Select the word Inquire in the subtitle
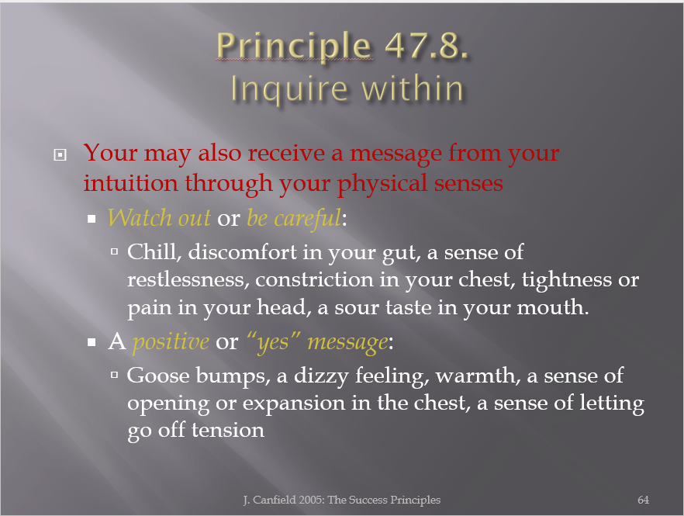point(288,89)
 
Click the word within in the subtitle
point(413,88)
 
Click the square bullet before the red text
point(60,154)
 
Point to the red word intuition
point(131,183)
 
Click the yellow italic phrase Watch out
point(159,217)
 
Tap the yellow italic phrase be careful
point(294,218)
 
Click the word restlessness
point(188,280)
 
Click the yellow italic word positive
point(171,342)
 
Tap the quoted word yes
point(273,342)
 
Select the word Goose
point(158,376)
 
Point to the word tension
point(228,431)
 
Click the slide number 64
point(643,500)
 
